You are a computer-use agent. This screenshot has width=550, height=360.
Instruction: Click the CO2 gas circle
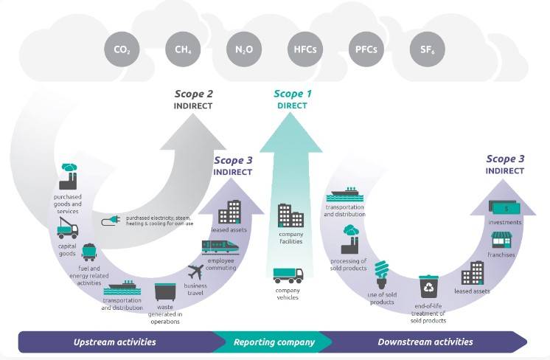[x=122, y=49]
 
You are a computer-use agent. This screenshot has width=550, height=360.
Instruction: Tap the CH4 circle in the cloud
[x=183, y=49]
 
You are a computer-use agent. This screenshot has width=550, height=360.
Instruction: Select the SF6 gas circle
[x=427, y=49]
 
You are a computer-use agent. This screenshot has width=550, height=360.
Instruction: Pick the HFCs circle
[x=305, y=49]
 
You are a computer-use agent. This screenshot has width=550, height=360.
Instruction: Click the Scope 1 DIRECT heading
[x=293, y=100]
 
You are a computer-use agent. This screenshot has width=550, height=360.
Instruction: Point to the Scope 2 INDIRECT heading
[x=194, y=100]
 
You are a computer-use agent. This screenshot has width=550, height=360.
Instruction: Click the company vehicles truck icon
[x=288, y=275]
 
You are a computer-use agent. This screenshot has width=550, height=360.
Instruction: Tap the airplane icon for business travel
[x=195, y=272]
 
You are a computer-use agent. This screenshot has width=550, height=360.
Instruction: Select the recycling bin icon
[x=428, y=286]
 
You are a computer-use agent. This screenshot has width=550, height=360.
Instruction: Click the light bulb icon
[x=382, y=274]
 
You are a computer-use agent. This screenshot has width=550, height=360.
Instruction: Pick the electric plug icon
[x=111, y=221]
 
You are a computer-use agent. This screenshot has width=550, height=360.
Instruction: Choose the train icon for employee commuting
[x=220, y=246]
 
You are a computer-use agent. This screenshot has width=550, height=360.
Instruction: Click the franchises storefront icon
[x=501, y=240]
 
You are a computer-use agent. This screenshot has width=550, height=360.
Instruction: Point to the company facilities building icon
[x=290, y=215]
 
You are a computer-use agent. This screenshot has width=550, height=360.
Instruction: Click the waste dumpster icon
[x=165, y=292]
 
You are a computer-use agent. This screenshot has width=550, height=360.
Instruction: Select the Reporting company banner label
[x=274, y=342]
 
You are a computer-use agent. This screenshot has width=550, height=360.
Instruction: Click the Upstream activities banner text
[x=115, y=342]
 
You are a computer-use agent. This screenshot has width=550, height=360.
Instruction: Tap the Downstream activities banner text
[x=425, y=342]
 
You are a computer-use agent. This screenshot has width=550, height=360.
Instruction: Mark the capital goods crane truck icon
[x=68, y=228]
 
